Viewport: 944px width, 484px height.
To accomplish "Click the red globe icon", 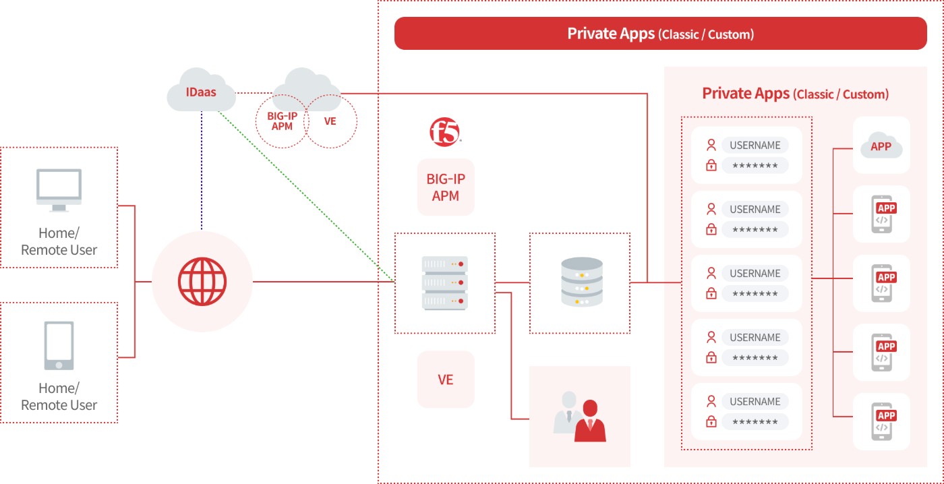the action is click(202, 281).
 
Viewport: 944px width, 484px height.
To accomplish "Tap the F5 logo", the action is click(445, 132).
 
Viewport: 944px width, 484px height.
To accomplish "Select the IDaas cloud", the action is click(201, 90).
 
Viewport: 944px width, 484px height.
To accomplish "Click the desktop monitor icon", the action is click(59, 190).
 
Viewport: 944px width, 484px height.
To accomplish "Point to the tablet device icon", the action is click(59, 345).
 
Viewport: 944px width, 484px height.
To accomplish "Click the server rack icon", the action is click(445, 282).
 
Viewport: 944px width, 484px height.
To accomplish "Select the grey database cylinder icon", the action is click(581, 281).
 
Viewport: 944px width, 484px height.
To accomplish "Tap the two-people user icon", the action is click(580, 417).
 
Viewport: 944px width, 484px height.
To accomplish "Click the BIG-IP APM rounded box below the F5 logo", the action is click(446, 187).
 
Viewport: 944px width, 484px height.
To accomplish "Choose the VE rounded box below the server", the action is click(446, 379).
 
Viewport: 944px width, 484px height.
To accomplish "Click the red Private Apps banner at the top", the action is click(660, 33).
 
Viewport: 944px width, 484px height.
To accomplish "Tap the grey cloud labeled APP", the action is click(881, 146).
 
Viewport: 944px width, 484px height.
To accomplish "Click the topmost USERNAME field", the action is click(755, 145).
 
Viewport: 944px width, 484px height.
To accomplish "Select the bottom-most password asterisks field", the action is click(755, 422).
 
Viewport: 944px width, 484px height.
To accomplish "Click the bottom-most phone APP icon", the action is click(883, 421).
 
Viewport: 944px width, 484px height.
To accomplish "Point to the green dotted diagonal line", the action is click(306, 196).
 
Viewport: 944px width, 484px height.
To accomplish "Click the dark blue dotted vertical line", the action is click(202, 171).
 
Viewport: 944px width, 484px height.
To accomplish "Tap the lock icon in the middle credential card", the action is click(711, 293).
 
